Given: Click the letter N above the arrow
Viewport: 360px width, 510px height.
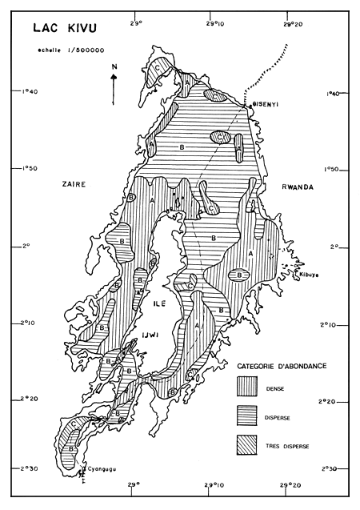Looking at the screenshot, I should [114, 66].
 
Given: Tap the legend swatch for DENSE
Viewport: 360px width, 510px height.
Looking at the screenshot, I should [249, 387].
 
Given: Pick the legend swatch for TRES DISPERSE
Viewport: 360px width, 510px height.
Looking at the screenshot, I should [249, 442].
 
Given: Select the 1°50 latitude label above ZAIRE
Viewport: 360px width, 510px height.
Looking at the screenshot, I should [26, 169].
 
